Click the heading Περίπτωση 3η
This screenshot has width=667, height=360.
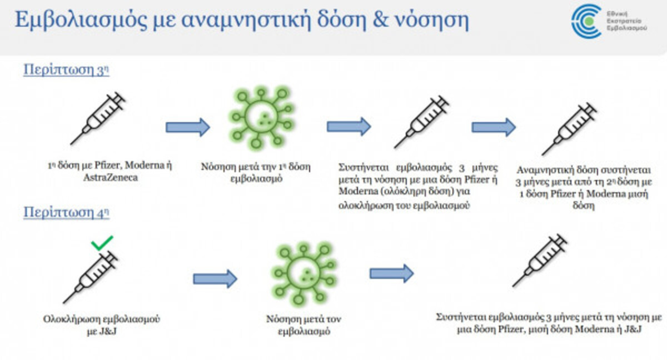pos(66,69)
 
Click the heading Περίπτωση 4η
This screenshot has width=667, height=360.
pos(66,212)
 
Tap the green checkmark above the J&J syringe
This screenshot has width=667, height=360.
pos(102,243)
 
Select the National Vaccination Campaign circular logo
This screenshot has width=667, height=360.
pos(586,21)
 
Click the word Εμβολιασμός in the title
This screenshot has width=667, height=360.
pos(81,20)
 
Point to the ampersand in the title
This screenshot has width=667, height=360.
pos(380,19)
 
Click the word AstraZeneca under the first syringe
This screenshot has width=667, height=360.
pos(111,178)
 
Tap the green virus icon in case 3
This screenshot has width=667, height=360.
pos(261,118)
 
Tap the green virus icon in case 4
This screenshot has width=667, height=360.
pos(303,274)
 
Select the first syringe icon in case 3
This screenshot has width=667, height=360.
pos(98,118)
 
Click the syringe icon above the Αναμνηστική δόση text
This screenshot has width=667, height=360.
pos(569,128)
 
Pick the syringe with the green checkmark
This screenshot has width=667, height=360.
pos(91,277)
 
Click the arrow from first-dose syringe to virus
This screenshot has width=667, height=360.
pos(188,127)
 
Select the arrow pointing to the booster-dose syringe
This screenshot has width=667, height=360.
pos(494,127)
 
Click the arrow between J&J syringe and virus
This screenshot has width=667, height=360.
pos(215,279)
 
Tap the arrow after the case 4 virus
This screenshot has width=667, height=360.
pos(392,273)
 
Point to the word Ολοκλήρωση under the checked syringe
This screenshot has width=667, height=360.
pos(71,319)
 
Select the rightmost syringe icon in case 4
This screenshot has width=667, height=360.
pos(540,261)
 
